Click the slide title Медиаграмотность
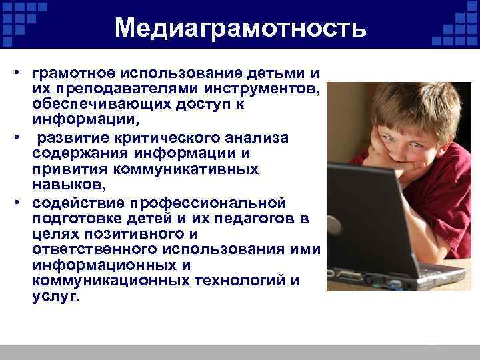pos(240,28)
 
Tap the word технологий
pos(231,281)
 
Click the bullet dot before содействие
pos(21,201)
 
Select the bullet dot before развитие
pos(21,137)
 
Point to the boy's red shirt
pos(453,193)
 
